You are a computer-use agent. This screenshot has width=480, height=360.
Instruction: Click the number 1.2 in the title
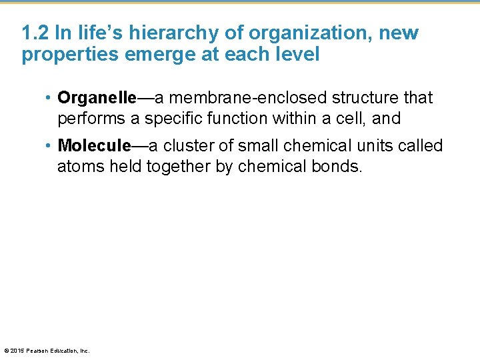click(33, 33)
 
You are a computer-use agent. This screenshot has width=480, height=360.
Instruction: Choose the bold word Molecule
click(94, 146)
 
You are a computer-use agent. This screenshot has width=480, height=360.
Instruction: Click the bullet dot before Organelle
click(49, 99)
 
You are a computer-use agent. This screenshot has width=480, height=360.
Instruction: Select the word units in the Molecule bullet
click(373, 146)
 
